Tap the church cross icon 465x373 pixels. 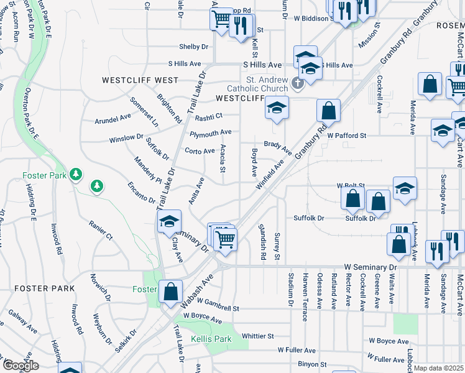click(297, 83)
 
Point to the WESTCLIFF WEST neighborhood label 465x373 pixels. click(142, 81)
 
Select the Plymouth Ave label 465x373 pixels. click(211, 132)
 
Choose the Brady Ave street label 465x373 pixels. click(277, 147)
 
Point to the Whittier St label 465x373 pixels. click(257, 336)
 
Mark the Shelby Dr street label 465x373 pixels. click(193, 47)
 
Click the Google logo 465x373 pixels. click(20, 366)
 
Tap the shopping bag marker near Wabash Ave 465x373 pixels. click(171, 292)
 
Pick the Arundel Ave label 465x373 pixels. click(113, 116)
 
